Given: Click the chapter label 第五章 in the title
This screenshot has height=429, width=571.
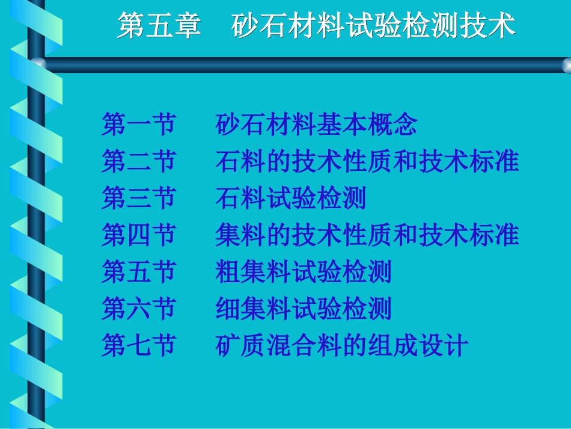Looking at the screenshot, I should click(159, 27).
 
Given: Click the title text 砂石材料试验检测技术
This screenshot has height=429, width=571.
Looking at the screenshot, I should click(373, 27).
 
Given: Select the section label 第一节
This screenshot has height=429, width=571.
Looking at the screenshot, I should click(138, 125).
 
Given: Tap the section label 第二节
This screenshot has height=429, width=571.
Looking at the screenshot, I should click(138, 162).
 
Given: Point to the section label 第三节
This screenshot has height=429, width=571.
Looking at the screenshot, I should click(138, 199).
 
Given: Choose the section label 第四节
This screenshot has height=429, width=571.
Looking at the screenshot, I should click(138, 235).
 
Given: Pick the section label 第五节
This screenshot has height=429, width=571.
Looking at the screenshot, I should click(138, 273).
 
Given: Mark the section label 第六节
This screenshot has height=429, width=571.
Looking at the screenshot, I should click(138, 309).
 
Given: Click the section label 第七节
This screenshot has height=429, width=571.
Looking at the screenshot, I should click(138, 347).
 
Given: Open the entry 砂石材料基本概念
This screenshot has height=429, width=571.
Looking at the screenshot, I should click(316, 125).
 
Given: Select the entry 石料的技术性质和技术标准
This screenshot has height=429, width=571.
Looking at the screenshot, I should click(367, 162).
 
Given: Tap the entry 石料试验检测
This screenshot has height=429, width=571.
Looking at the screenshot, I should click(291, 199).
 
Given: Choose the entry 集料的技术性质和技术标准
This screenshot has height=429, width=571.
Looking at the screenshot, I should click(367, 235).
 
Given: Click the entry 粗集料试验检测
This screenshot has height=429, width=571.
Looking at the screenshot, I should click(304, 273).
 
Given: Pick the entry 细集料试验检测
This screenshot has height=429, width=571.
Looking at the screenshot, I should click(304, 309).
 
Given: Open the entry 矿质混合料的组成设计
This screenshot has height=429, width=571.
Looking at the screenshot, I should click(341, 347).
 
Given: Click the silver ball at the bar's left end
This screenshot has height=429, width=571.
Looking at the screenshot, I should click(38, 64).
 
